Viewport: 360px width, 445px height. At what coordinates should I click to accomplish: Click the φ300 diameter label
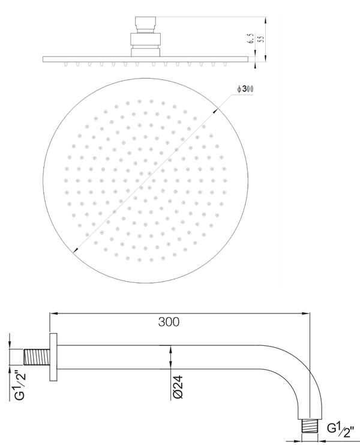(245, 89)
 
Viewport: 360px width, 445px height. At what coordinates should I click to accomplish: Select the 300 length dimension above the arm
(169, 321)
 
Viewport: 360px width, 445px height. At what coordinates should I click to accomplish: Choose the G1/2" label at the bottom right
(341, 430)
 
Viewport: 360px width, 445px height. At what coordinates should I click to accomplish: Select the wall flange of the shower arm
(53, 357)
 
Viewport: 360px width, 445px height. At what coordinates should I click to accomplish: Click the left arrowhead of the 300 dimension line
(52, 313)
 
